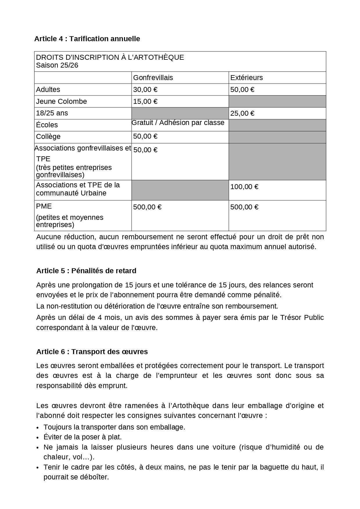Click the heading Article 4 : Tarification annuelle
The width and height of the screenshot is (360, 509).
[x=87, y=39]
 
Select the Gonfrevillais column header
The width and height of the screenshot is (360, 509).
[x=153, y=78]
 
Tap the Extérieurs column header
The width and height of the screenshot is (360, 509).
[x=246, y=78]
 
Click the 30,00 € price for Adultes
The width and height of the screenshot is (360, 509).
[x=145, y=90]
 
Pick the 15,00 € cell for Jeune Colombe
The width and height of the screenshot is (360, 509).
[x=145, y=102]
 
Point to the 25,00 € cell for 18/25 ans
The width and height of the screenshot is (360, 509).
[x=242, y=113]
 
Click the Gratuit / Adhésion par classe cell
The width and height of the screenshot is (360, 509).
[x=178, y=123]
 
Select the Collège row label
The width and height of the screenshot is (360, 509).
[x=48, y=137]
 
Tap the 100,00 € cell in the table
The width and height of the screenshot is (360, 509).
[x=244, y=187]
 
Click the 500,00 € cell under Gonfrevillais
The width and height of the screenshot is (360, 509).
[x=147, y=207]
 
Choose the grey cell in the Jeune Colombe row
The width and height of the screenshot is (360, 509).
[x=277, y=102]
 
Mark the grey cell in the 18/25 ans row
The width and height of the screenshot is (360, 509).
[x=180, y=113]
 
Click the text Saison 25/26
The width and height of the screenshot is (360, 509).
[x=57, y=65]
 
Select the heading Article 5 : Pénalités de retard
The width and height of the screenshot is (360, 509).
[x=86, y=271]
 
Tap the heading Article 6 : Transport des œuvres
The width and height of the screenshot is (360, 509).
[x=92, y=352]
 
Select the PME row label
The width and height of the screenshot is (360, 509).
[x=44, y=206]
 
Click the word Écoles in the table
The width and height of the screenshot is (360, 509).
[x=47, y=125]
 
